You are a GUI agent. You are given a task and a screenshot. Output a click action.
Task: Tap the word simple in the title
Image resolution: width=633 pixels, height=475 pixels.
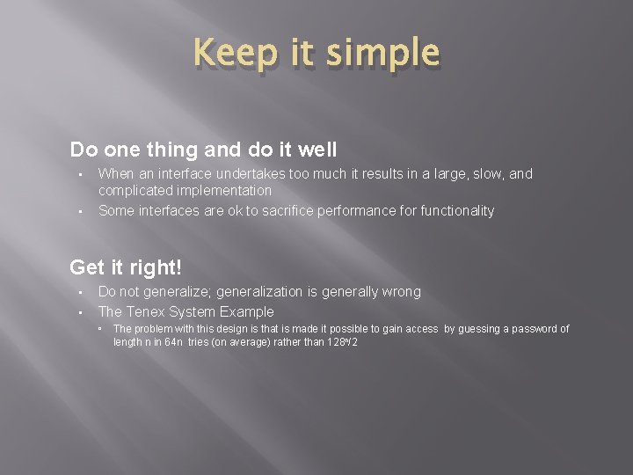click(382, 54)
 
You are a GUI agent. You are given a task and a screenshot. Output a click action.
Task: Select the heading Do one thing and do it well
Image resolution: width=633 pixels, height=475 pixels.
click(203, 150)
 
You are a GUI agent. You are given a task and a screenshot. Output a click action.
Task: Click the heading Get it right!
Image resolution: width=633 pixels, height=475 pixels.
click(126, 267)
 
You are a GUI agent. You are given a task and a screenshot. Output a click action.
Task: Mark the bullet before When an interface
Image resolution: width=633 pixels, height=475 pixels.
click(79, 174)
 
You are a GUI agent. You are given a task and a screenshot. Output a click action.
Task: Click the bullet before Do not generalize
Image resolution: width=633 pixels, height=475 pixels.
click(79, 292)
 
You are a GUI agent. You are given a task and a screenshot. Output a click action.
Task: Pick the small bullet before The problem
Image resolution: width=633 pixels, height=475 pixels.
click(101, 329)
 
